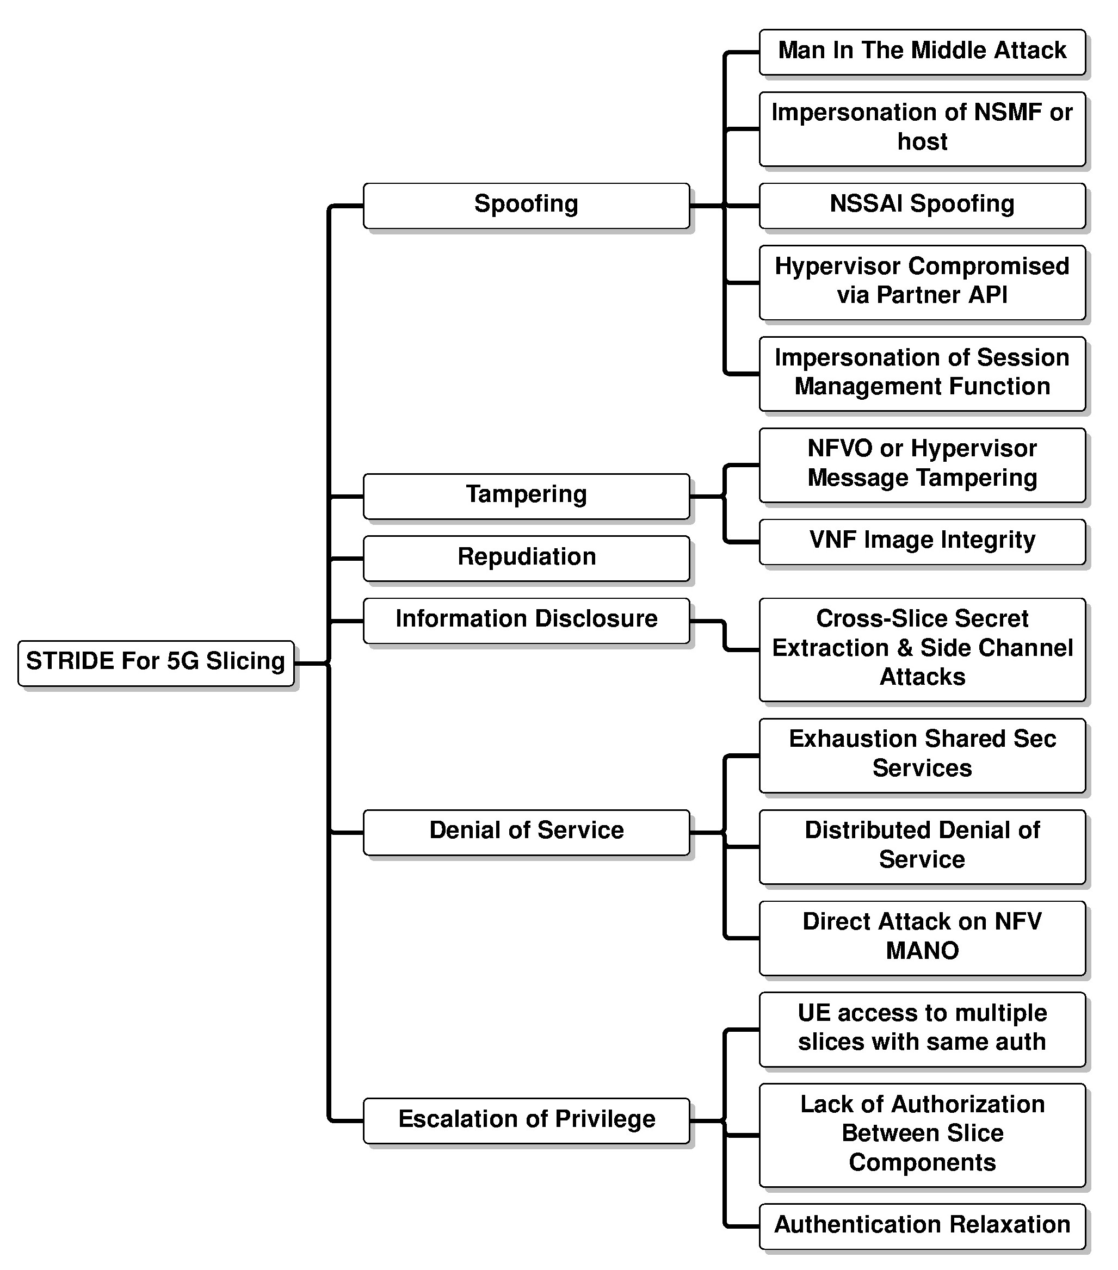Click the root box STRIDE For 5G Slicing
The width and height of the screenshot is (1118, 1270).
156,663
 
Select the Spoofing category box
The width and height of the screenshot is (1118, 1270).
527,206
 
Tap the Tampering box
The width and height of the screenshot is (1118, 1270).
527,497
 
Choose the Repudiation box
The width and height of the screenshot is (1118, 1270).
527,559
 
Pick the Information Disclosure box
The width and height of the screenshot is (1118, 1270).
527,621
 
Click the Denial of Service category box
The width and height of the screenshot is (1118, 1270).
527,832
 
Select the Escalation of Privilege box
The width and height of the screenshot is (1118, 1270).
527,1121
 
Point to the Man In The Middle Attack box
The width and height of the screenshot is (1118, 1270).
922,52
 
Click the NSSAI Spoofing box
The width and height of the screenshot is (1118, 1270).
922,206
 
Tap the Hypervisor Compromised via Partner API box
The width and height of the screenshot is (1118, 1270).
922,283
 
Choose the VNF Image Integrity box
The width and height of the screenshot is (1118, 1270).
922,542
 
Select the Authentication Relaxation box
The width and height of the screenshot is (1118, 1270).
922,1226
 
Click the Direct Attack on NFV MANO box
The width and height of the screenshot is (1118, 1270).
922,938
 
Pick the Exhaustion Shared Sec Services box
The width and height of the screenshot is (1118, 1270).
922,755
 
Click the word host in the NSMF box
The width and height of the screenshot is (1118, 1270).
922,141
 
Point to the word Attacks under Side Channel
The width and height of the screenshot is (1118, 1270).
922,677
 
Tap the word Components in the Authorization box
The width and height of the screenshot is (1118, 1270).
922,1162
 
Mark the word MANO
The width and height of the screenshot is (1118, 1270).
922,951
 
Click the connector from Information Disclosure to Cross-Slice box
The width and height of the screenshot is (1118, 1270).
725,636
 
